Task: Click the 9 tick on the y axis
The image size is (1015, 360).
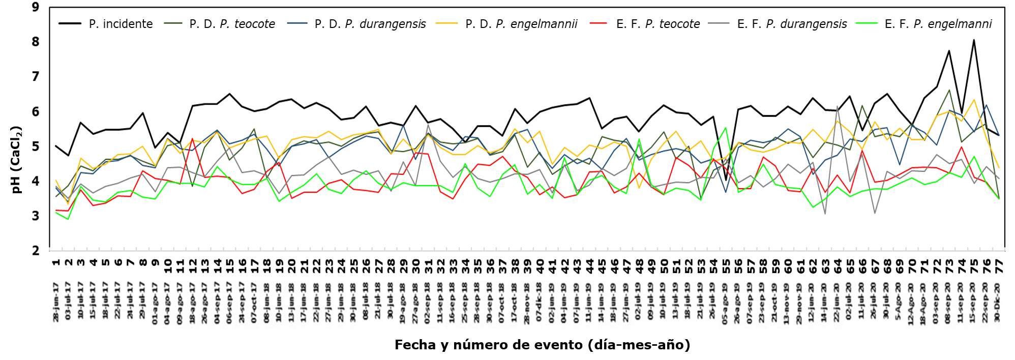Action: coord(35,7)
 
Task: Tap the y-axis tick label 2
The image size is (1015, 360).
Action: coord(35,251)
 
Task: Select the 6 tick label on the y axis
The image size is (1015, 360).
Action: coord(35,111)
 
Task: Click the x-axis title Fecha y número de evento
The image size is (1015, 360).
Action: coord(542,345)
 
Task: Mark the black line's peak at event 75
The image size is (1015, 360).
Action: coord(974,40)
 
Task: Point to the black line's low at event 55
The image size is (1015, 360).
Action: coord(726,180)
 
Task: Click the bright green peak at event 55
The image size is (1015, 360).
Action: coord(726,128)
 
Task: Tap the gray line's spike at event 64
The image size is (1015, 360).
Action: coord(837,106)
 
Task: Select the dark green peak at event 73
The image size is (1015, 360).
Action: coord(949,90)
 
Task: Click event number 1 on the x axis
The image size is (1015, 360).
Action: coord(56,262)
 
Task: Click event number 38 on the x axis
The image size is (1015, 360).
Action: coord(515,262)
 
